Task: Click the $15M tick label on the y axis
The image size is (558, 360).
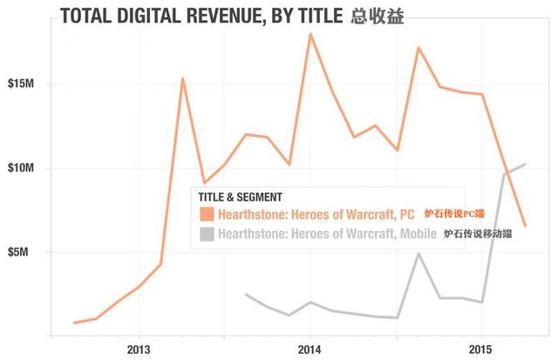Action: (x=21, y=85)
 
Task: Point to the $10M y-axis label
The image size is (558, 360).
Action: (x=21, y=168)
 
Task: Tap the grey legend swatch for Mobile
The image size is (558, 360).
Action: (x=206, y=234)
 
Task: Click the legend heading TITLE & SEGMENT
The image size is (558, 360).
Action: (x=241, y=197)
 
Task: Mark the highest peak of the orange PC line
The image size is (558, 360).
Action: (x=310, y=33)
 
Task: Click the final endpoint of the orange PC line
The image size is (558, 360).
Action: (x=524, y=226)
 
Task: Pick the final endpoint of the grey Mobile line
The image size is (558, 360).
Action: (x=524, y=164)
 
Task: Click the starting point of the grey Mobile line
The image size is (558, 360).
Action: (x=246, y=295)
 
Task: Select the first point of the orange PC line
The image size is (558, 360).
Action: (x=74, y=323)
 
